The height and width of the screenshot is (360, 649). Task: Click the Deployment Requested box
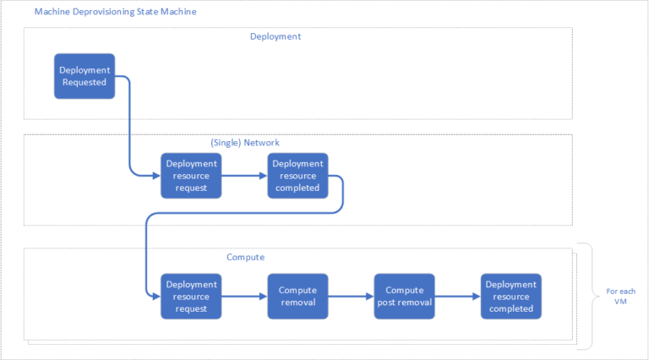tap(84, 76)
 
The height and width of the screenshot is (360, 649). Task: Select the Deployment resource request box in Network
tap(190, 175)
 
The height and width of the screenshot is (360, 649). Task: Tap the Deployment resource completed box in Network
tap(297, 175)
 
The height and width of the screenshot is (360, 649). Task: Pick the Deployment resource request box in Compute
tap(190, 296)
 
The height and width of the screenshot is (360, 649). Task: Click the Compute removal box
tap(297, 296)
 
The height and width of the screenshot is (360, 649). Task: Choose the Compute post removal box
tap(404, 296)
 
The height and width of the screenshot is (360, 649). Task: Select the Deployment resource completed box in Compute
tap(510, 296)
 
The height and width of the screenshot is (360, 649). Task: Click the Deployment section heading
tap(275, 36)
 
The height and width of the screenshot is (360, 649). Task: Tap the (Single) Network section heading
tap(244, 143)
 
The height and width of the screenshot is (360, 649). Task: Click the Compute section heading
tap(246, 257)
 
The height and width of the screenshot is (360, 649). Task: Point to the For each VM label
tap(621, 297)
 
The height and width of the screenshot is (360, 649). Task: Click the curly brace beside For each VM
tap(584, 297)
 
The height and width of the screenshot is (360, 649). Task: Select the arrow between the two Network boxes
tap(243, 176)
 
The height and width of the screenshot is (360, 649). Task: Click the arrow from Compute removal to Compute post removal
tap(350, 297)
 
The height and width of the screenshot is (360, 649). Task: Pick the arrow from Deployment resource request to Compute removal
tap(243, 297)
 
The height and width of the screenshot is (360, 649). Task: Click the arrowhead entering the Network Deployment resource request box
tap(155, 176)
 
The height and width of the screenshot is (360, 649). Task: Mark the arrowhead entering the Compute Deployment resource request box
tap(155, 297)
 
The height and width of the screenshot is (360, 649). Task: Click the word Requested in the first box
tap(84, 82)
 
